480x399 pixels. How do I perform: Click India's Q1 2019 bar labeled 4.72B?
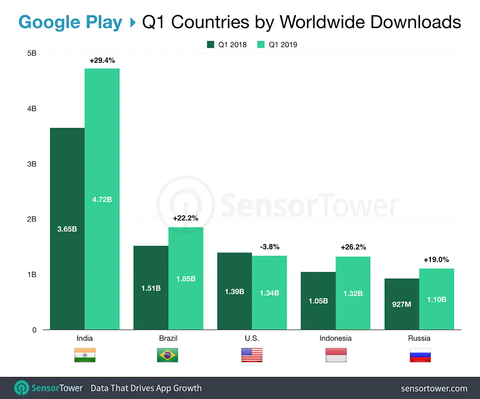(102, 199)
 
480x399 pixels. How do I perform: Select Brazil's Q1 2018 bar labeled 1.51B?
(151, 288)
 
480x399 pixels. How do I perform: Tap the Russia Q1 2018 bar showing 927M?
(402, 304)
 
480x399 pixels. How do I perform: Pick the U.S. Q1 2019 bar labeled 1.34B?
(269, 293)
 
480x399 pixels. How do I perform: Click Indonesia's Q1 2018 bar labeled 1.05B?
(318, 301)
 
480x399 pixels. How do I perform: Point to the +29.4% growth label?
(102, 60)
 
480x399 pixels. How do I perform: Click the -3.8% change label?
(270, 247)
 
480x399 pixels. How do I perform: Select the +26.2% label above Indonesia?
(353, 247)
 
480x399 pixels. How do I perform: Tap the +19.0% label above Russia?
(436, 259)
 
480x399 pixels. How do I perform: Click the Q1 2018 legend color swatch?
(210, 45)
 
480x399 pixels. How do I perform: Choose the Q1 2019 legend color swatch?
(261, 45)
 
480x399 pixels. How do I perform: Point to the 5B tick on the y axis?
(32, 53)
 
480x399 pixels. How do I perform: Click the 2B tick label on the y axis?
(32, 219)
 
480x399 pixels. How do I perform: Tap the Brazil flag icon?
(168, 355)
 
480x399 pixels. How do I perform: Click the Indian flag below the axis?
(85, 355)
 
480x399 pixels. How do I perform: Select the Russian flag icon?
(420, 355)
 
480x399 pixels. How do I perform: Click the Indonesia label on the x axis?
(335, 338)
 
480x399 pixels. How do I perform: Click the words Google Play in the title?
(70, 22)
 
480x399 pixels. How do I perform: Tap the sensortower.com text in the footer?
(434, 388)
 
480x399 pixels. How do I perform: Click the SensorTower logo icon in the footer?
(22, 388)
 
